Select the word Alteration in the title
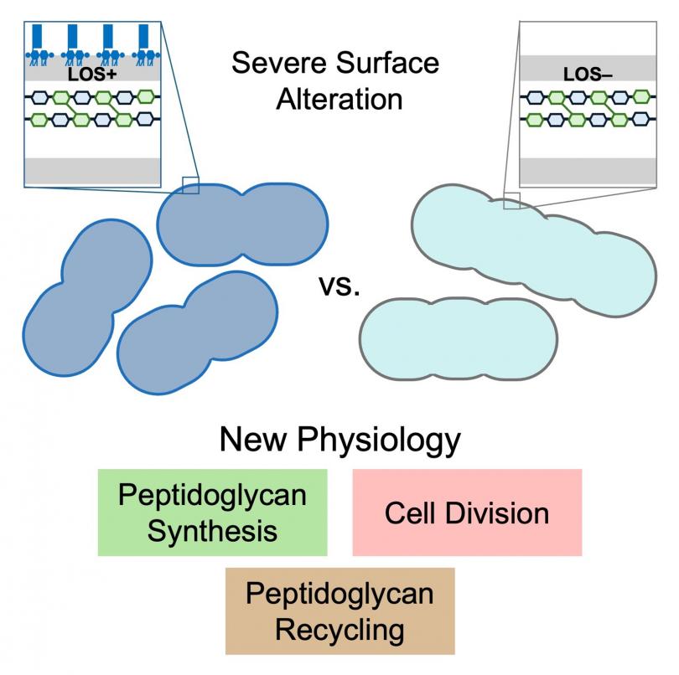click(x=339, y=99)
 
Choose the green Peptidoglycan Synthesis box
click(x=211, y=512)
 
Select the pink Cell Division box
click(x=467, y=512)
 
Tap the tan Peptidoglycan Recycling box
click(x=339, y=611)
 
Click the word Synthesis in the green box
click(x=211, y=530)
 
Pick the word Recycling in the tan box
click(x=339, y=629)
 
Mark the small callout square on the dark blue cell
click(x=190, y=185)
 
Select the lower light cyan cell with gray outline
click(x=458, y=337)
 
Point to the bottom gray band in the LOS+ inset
click(x=92, y=170)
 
